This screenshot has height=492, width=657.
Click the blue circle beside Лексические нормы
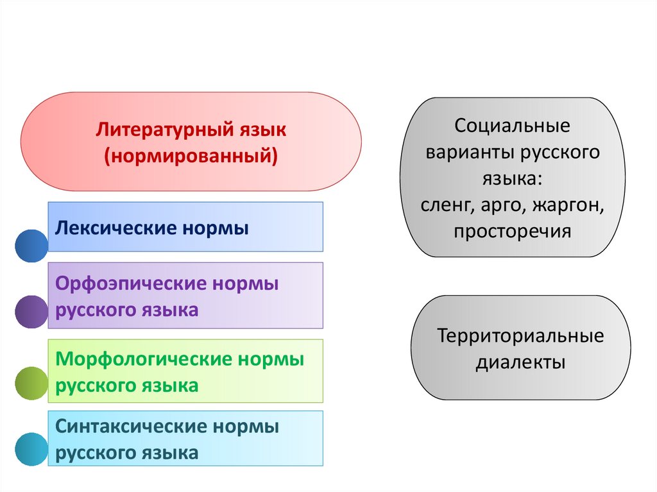pos(31,246)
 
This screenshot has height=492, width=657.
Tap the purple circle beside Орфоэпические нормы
pos(31,312)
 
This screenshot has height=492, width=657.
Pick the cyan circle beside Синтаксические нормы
pos(31,449)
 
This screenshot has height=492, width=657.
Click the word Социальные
pos(512,126)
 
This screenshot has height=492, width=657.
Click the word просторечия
pos(512,232)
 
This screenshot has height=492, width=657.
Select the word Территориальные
pos(520,335)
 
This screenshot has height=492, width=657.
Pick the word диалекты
pos(520,362)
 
